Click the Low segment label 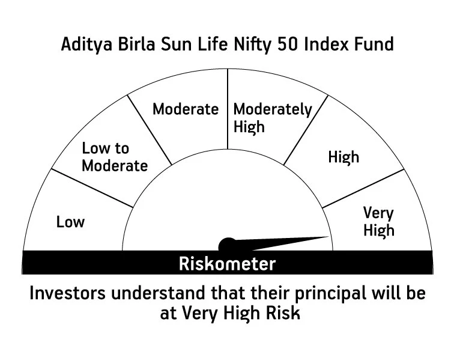(70, 222)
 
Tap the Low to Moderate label (114, 157)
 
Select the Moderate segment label (186, 109)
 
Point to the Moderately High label (272, 118)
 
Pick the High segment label (344, 157)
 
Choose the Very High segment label (378, 221)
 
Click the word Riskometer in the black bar (227, 263)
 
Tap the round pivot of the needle (227, 245)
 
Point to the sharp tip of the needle (331, 236)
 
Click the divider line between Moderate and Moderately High (227, 108)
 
